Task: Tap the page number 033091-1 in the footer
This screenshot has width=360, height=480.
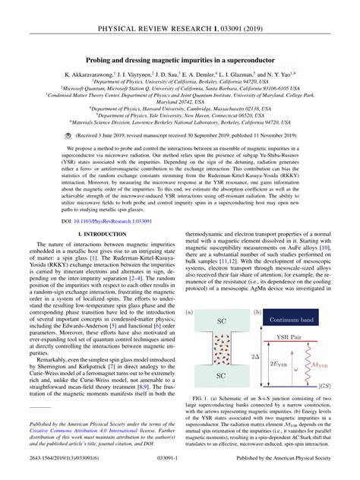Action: point(180,470)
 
